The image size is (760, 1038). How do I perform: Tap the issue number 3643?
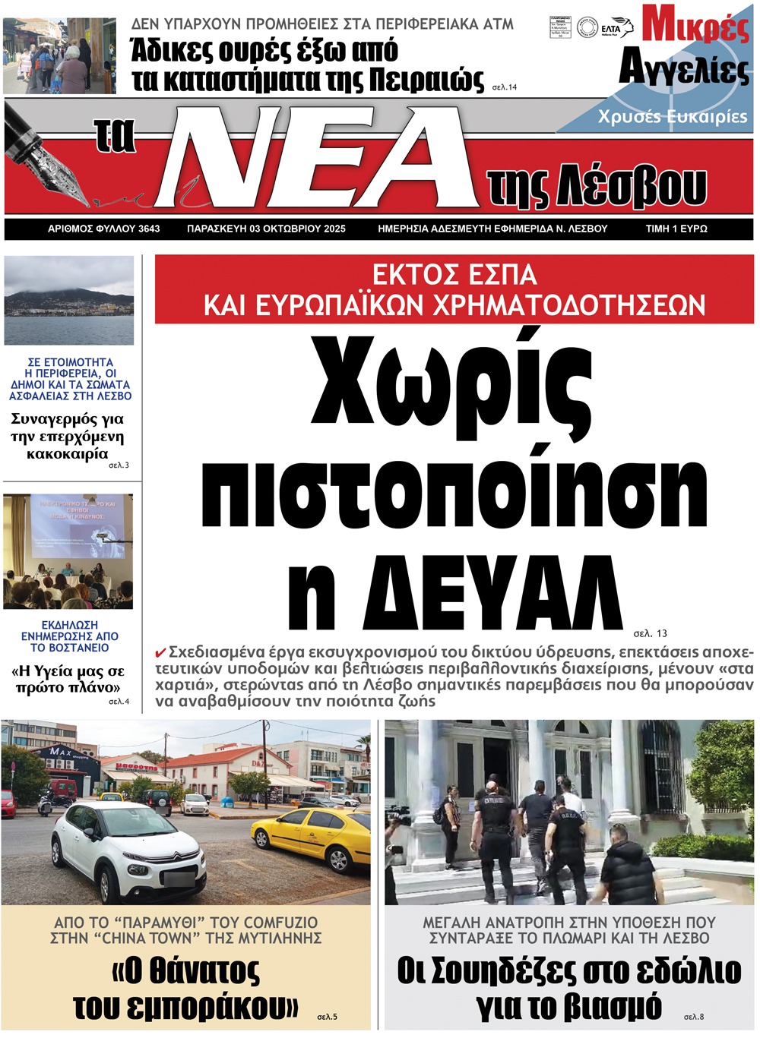pos(149,229)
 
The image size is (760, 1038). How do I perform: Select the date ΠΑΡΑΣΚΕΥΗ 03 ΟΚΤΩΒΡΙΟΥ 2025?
pos(266,229)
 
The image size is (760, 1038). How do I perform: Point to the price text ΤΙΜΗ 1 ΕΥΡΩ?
pos(676,229)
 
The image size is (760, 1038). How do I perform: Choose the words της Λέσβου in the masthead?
pos(597,186)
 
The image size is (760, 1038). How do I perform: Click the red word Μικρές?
pos(695,24)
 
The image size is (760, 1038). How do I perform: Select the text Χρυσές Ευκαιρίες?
pos(672,117)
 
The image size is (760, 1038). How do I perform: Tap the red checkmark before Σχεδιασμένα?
pos(160,653)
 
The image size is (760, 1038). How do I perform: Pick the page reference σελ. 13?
pos(651,633)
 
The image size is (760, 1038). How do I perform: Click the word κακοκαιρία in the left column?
pos(68,454)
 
